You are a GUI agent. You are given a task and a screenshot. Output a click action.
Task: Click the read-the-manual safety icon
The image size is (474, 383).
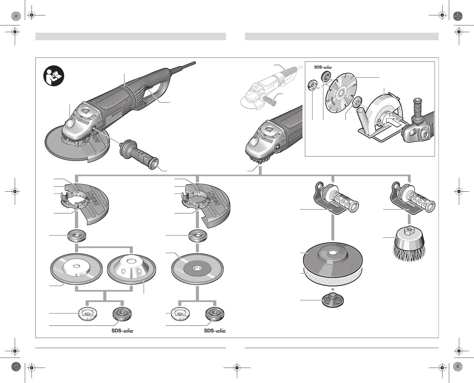54,76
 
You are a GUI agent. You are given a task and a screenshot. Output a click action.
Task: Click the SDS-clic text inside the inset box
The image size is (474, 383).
323,67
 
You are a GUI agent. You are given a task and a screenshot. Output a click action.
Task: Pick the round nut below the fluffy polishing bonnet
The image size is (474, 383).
332,300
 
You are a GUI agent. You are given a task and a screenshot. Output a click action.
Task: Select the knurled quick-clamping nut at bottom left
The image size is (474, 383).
122,315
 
